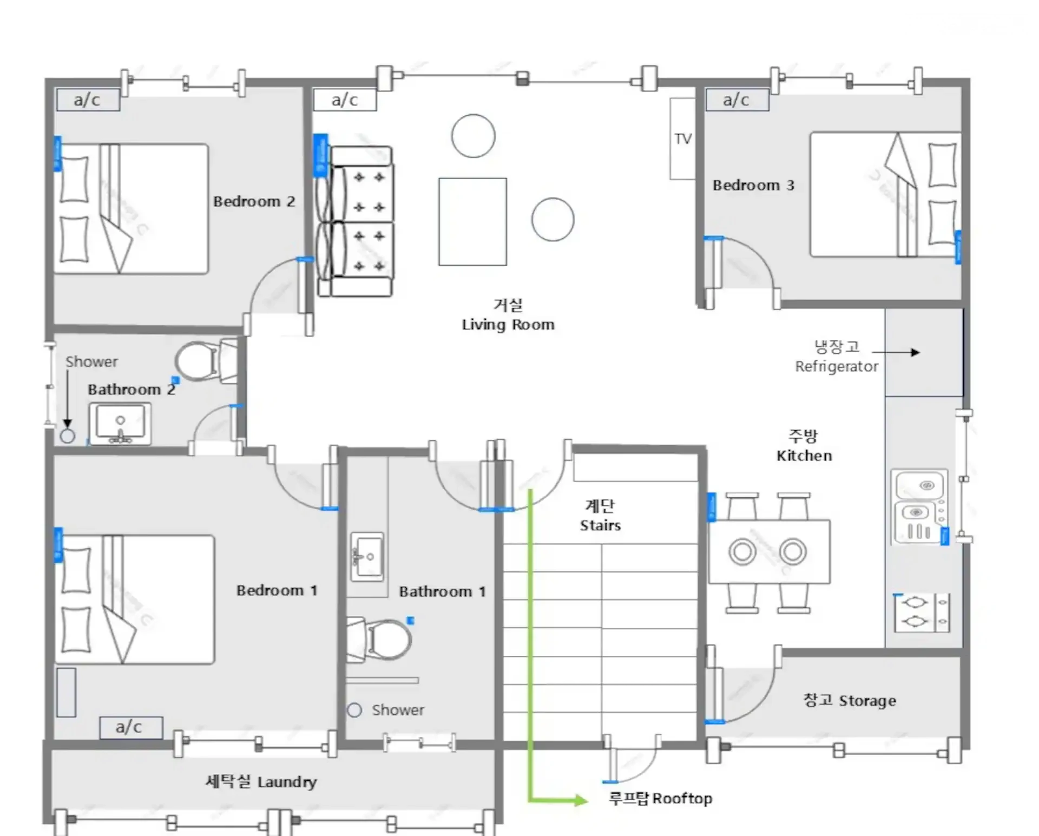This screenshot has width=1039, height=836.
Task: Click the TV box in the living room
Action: pyautogui.click(x=682, y=139)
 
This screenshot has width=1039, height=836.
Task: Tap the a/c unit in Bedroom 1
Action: pyautogui.click(x=131, y=727)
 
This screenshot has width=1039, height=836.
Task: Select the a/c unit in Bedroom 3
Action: pyautogui.click(x=737, y=100)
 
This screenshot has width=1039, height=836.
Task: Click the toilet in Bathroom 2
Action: pyautogui.click(x=206, y=361)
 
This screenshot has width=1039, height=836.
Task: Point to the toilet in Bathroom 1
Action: pyautogui.click(x=379, y=640)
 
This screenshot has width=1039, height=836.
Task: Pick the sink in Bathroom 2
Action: pyautogui.click(x=120, y=424)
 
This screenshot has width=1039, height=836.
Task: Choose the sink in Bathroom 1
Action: pyautogui.click(x=367, y=557)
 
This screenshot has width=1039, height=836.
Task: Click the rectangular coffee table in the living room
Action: pyautogui.click(x=472, y=221)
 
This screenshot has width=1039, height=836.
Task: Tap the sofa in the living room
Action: pyautogui.click(x=356, y=221)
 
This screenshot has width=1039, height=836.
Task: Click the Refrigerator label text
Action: pyautogui.click(x=837, y=367)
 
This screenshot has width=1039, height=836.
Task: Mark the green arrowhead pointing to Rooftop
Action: pyautogui.click(x=581, y=800)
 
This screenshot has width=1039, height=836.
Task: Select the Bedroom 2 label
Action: pyautogui.click(x=254, y=201)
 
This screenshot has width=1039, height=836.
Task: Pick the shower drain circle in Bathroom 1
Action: pyautogui.click(x=354, y=710)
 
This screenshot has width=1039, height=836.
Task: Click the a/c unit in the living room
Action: pyautogui.click(x=345, y=100)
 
